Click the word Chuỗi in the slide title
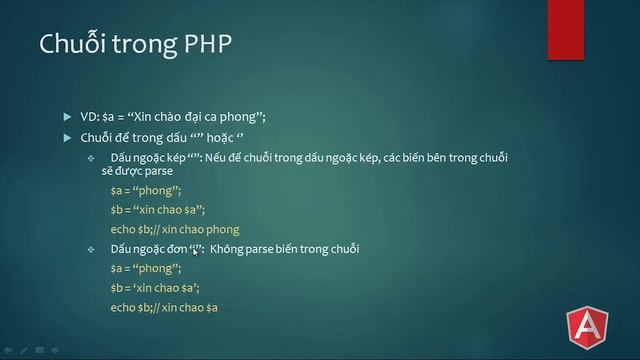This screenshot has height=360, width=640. click(67, 47)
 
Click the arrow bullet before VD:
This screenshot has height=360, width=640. click(67, 117)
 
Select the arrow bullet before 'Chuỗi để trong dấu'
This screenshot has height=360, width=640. click(67, 138)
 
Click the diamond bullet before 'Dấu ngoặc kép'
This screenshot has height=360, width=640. click(91, 159)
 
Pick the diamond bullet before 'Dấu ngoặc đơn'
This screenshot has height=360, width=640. click(91, 249)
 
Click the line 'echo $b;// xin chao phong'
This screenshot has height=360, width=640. click(175, 229)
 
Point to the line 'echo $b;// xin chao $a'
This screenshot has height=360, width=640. click(164, 307)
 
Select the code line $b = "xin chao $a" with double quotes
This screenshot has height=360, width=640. click(157, 210)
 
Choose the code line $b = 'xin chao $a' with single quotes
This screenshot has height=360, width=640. click(155, 288)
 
